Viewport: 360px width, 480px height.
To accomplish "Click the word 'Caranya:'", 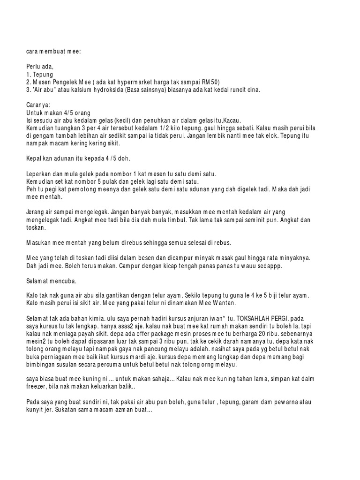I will (38, 105).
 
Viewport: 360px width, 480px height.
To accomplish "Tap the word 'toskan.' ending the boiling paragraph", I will (36, 227).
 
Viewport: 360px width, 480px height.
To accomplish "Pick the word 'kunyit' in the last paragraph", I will (36, 409).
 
